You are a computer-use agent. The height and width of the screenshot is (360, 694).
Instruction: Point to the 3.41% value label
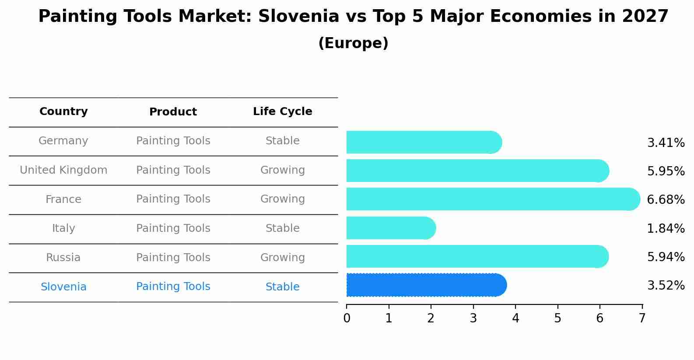666,143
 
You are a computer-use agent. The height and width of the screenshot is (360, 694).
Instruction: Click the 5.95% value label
666,171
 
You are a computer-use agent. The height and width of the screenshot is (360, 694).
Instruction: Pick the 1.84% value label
666,228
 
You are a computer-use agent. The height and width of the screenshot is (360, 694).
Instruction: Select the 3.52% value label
666,286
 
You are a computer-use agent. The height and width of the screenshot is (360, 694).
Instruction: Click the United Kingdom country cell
63,170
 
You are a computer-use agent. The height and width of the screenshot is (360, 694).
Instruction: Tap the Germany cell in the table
63,141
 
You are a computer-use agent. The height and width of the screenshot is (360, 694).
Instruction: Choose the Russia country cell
63,258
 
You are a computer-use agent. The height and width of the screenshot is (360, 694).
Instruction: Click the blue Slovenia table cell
63,287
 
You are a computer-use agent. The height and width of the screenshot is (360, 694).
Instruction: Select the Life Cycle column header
283,112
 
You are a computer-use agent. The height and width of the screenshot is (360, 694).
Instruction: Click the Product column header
173,112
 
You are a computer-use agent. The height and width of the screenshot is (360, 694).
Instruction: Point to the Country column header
63,112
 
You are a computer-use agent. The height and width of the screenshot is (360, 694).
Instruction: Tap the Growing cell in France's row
283,199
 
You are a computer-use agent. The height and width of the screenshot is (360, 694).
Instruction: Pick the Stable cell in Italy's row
283,228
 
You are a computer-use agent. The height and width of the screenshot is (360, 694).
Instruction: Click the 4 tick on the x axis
515,318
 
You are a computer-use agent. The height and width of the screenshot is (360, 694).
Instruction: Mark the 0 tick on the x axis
347,318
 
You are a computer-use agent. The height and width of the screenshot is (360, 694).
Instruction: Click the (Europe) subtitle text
353,43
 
